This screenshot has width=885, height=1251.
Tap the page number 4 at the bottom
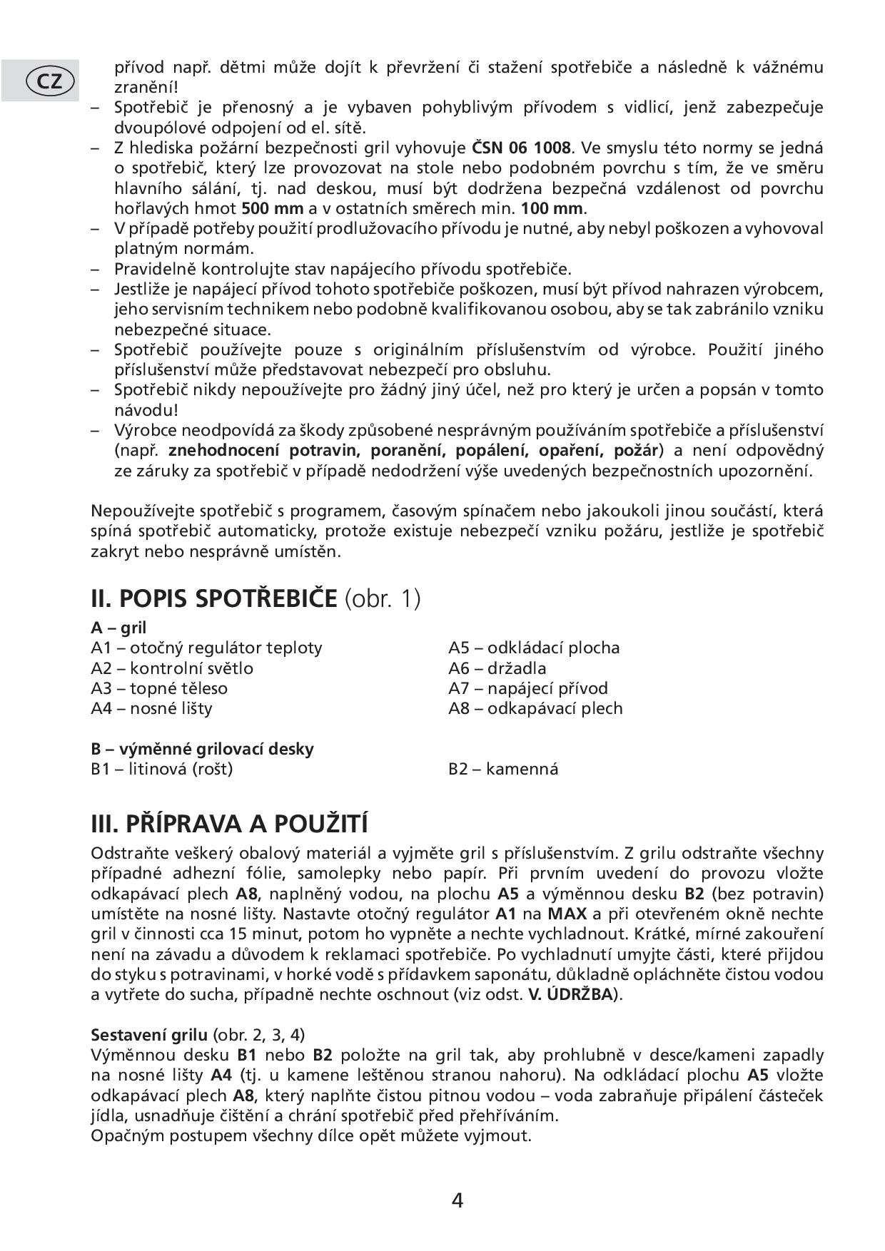click(x=457, y=1200)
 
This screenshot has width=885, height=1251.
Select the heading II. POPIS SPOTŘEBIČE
click(x=213, y=598)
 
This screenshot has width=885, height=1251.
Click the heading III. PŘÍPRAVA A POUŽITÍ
click(x=229, y=824)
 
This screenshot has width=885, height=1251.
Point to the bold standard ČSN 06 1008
click(x=522, y=148)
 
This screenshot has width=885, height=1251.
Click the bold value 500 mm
click(x=272, y=209)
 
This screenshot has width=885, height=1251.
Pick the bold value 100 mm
click(x=552, y=209)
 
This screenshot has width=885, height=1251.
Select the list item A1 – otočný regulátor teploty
click(x=206, y=648)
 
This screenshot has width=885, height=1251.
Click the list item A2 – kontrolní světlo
click(x=172, y=668)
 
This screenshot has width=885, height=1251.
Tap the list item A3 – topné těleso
click(x=159, y=688)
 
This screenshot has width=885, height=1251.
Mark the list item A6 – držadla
click(x=497, y=668)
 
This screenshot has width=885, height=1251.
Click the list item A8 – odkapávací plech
click(x=535, y=708)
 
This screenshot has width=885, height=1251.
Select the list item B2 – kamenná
click(x=503, y=769)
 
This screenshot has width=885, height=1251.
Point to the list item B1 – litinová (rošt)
click(x=162, y=769)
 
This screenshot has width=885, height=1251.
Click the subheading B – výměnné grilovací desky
click(x=202, y=749)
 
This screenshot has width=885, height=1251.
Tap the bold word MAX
click(x=565, y=914)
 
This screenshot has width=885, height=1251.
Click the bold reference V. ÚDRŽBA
click(x=570, y=994)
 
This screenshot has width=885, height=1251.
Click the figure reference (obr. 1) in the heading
click(x=383, y=598)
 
